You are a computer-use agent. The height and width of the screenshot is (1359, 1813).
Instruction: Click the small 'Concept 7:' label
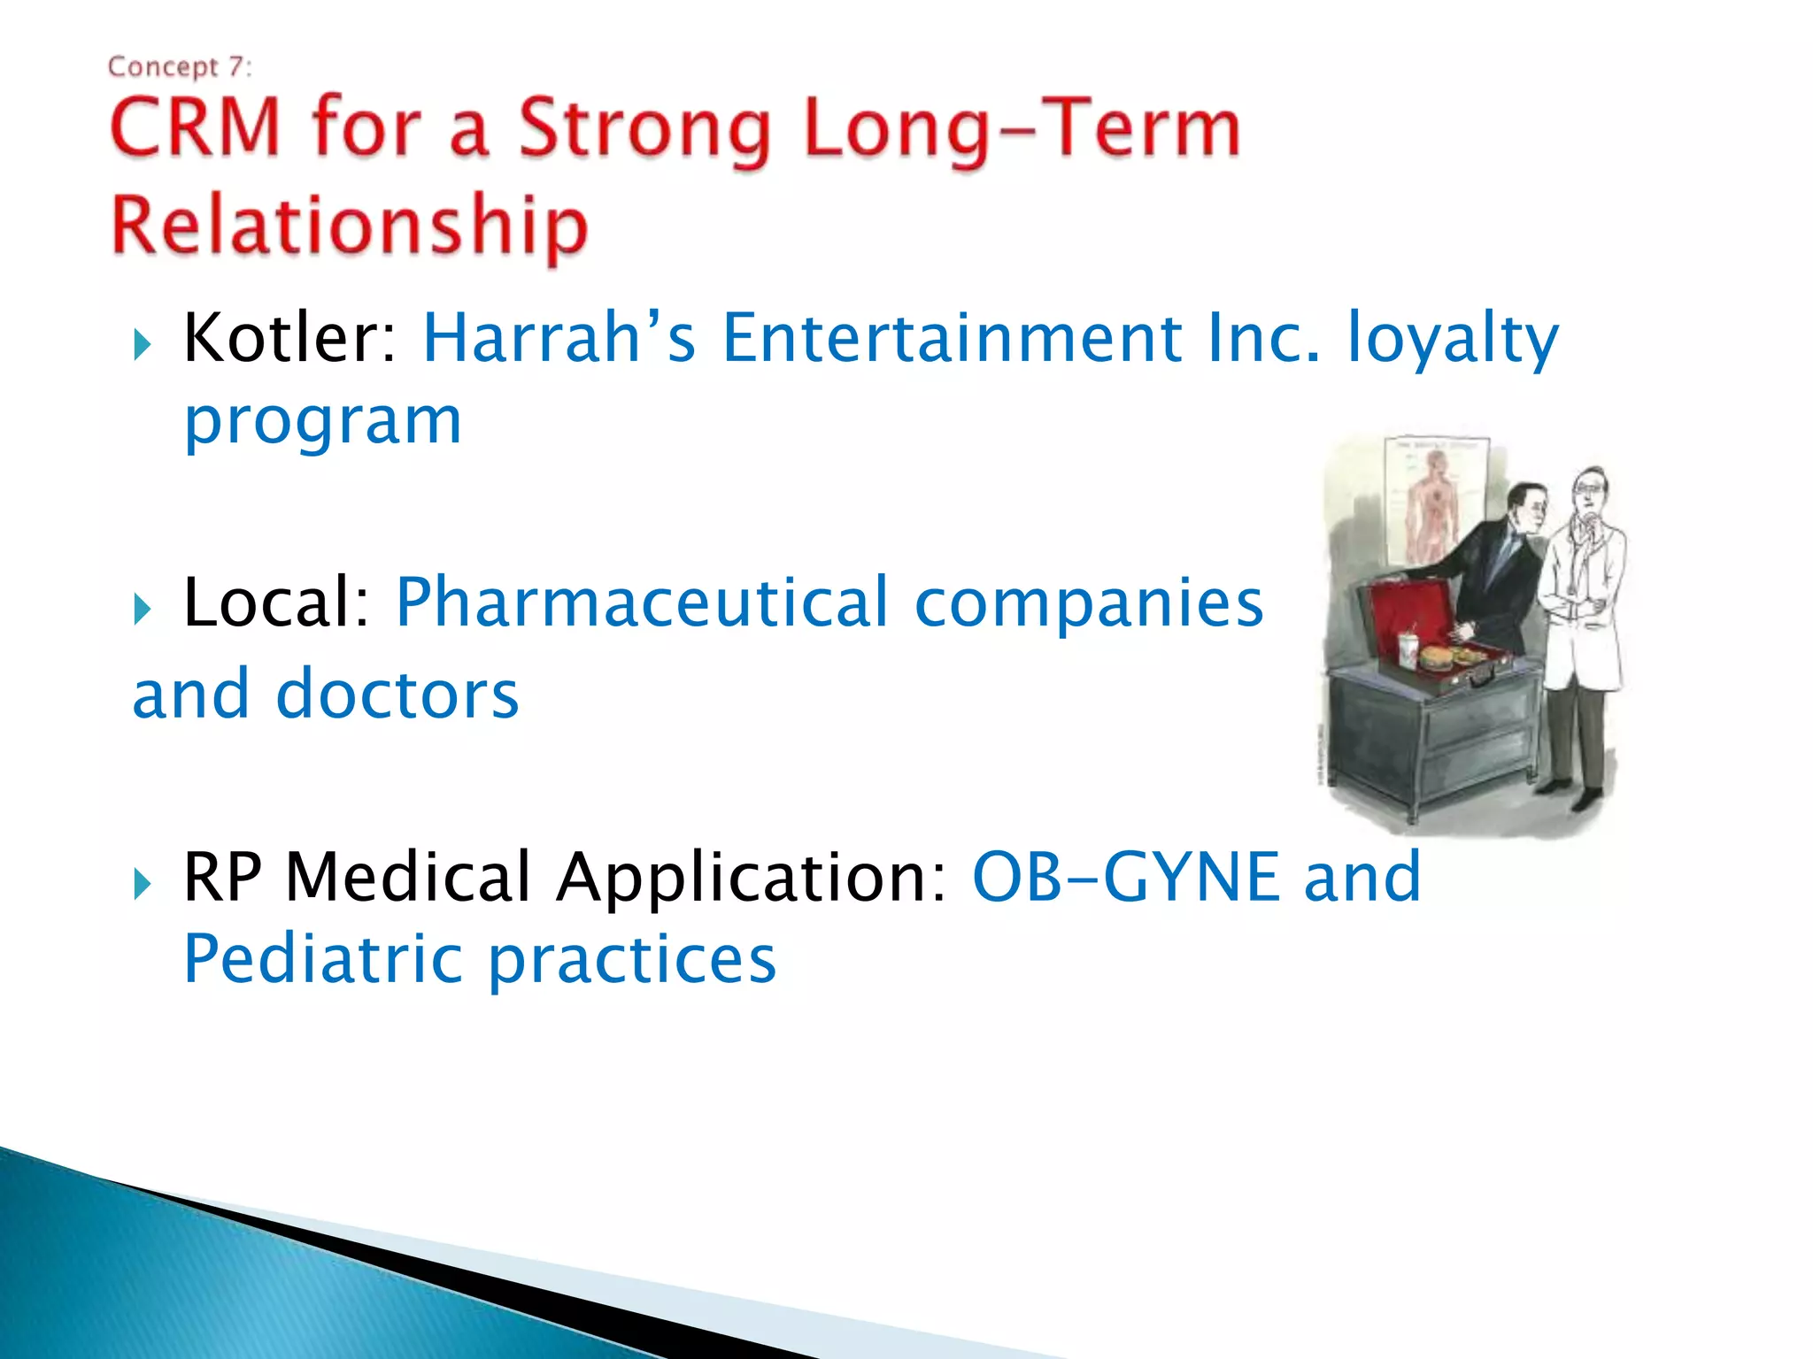180,67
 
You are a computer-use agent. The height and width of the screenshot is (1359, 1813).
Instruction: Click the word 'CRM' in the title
195,129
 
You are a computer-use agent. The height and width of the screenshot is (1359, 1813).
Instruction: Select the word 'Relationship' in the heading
349,226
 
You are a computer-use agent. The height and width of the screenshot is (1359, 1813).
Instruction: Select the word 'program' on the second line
323,423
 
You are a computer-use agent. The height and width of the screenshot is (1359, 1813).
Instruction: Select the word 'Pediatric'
323,959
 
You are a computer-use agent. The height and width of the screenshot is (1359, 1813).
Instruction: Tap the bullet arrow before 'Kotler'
143,344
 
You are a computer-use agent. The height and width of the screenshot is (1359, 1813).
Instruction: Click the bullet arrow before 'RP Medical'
143,883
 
